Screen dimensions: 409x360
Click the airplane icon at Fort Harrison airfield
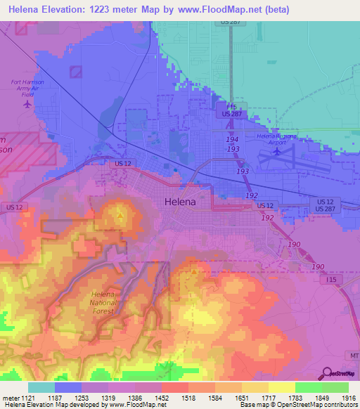[27, 105]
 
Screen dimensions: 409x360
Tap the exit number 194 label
[232, 141]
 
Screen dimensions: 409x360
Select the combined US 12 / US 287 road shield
[325, 205]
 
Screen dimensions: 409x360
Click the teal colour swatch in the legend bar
[41, 387]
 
